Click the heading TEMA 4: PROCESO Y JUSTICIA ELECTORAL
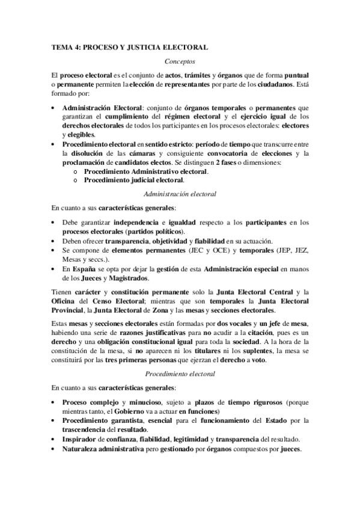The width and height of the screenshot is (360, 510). [x=129, y=47]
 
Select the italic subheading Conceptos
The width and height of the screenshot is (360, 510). [x=180, y=61]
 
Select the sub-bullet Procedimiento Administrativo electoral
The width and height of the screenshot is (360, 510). [x=147, y=171]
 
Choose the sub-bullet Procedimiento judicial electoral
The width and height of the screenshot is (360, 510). [x=134, y=180]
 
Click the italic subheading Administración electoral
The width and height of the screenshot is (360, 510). [x=180, y=194]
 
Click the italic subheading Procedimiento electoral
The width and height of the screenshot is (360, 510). [x=180, y=373]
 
